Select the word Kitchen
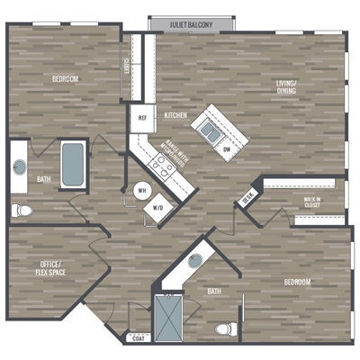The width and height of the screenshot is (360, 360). tap(175, 116)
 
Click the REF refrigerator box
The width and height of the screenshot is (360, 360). tap(142, 118)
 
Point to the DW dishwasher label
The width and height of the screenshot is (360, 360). tap(227, 148)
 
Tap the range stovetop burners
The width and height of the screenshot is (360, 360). tap(163, 164)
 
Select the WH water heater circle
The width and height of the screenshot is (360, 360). tap(141, 191)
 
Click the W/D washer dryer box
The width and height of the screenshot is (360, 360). tap(158, 207)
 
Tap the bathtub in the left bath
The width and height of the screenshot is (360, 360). tap(72, 164)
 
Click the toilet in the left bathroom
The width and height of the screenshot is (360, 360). tap(22, 211)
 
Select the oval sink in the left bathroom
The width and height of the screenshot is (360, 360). tap(20, 167)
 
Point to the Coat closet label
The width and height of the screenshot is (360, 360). tap(137, 338)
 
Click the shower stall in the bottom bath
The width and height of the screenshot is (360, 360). tap(166, 316)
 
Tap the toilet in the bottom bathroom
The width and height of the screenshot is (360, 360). tap(228, 328)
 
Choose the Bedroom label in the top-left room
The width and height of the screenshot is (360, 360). tap(65, 79)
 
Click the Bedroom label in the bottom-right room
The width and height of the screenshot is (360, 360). tap(296, 282)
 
